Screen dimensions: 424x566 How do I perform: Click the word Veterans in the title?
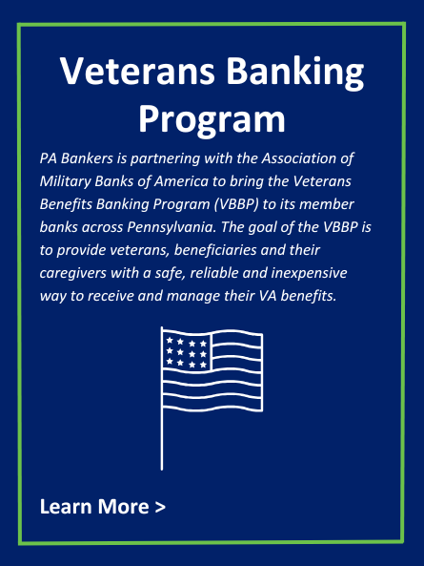137,71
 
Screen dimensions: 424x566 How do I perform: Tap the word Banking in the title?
295,73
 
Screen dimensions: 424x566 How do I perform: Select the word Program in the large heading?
212,120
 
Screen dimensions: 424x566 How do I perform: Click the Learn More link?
103,506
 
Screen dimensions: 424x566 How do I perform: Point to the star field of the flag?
187,352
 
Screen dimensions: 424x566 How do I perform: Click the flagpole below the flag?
162,440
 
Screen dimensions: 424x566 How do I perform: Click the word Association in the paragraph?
298,158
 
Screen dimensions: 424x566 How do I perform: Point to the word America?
181,181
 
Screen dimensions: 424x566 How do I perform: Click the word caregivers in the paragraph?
73,273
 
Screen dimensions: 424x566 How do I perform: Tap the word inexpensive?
309,273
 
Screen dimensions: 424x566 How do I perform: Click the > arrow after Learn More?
160,507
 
